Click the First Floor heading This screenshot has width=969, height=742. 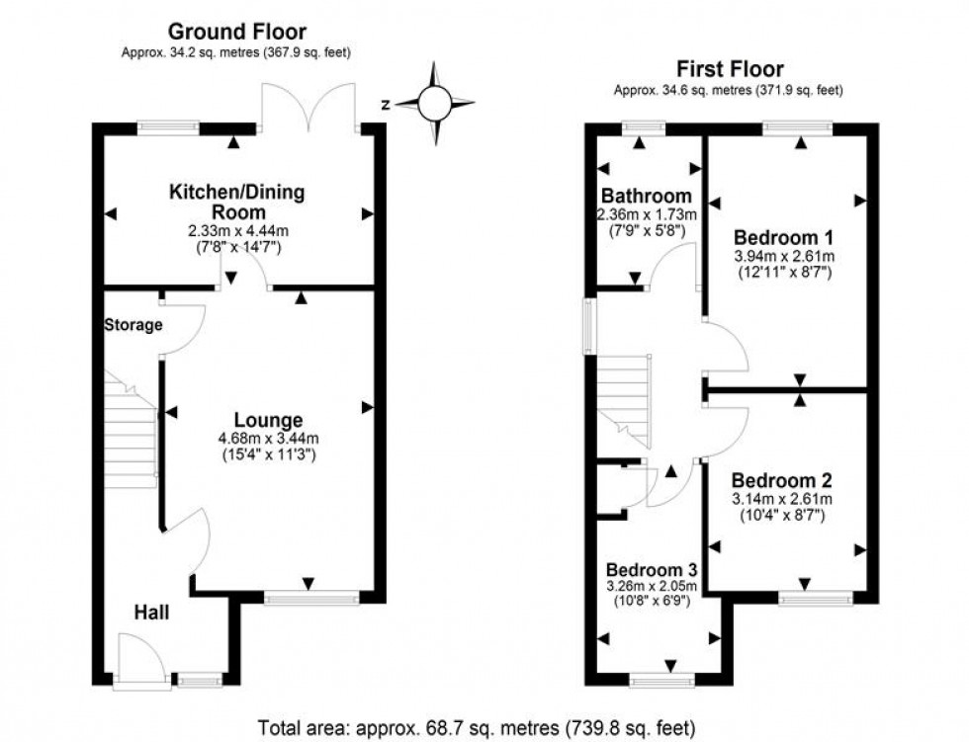[x=729, y=68]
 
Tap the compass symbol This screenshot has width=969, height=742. [x=434, y=103]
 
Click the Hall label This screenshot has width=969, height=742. [x=151, y=613]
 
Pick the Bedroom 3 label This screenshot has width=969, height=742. [x=652, y=570]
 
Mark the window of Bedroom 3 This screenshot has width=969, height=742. [x=662, y=680]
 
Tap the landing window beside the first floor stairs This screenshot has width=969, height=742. [x=590, y=326]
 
